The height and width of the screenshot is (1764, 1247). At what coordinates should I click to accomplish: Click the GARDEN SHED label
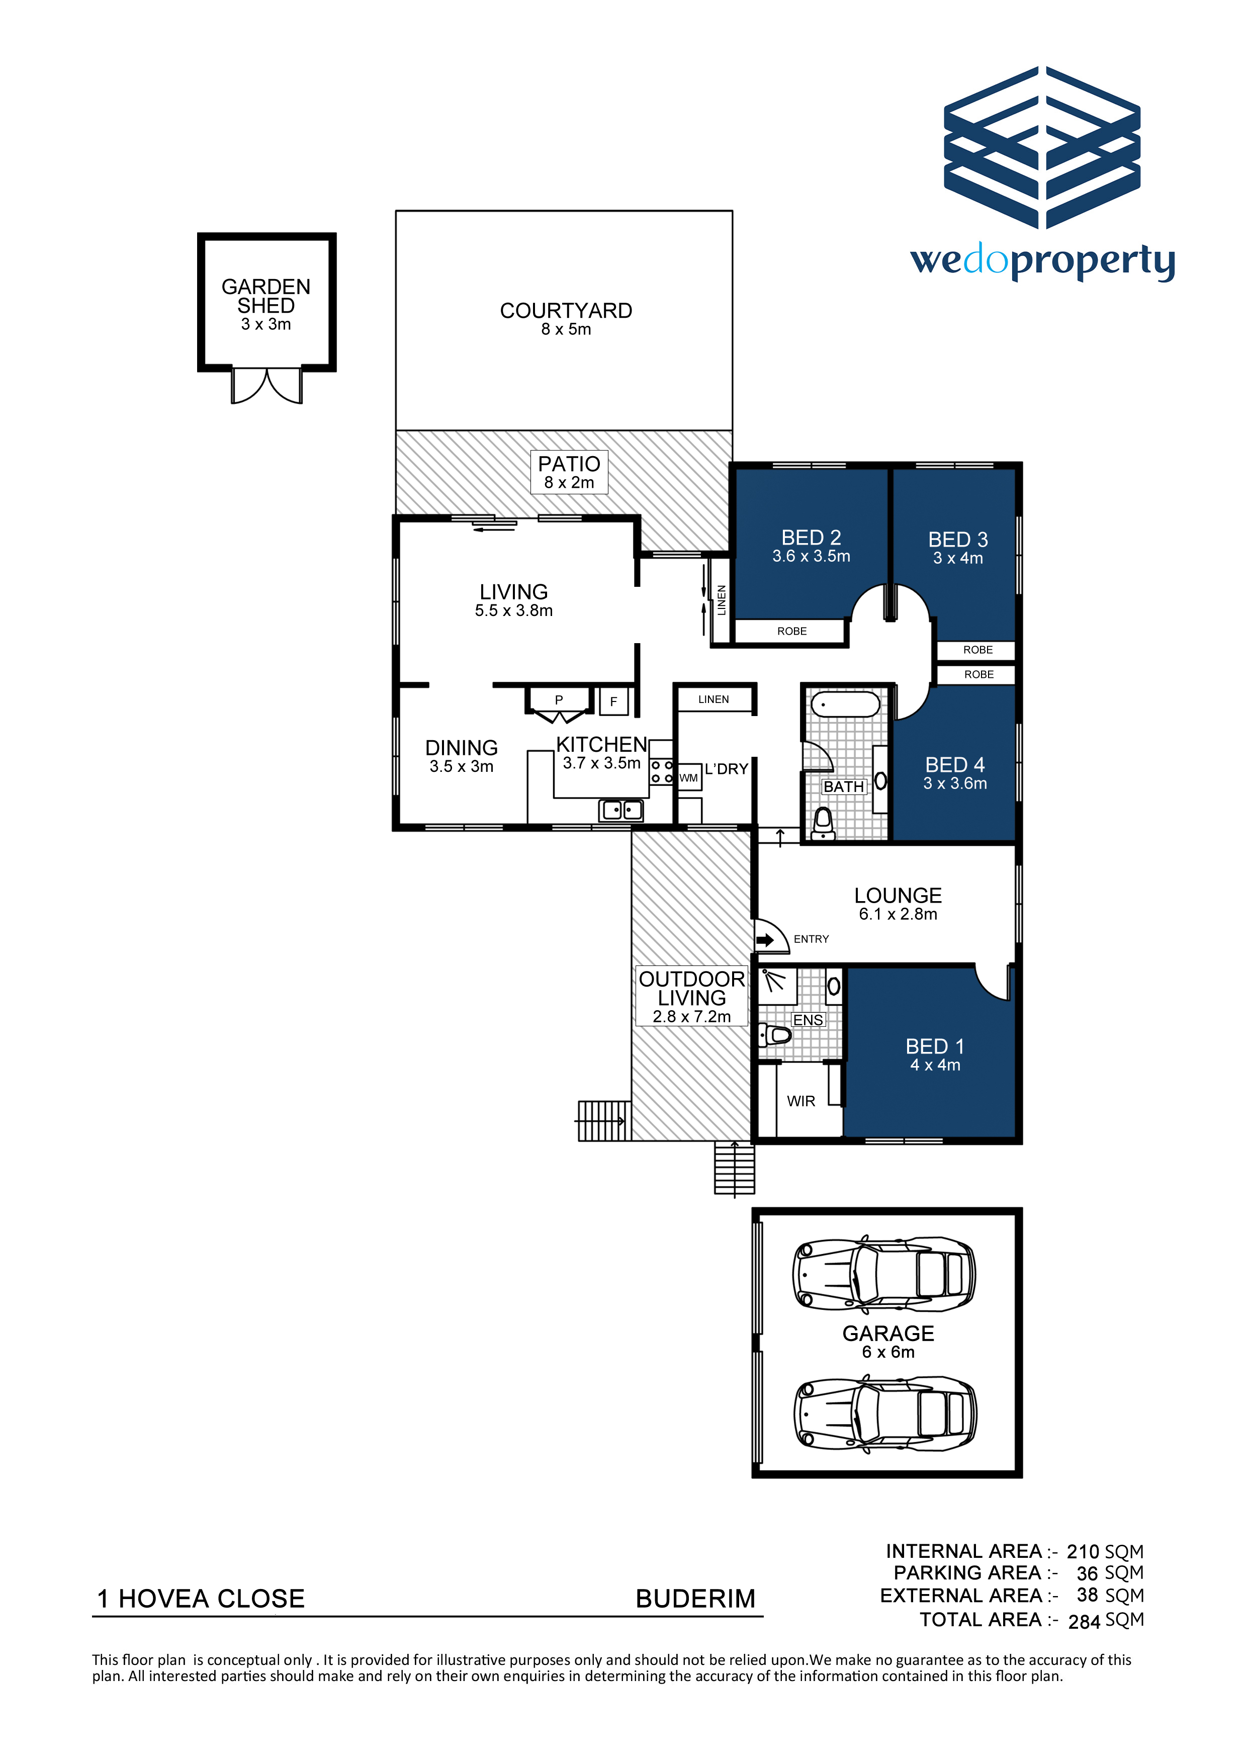click(x=266, y=296)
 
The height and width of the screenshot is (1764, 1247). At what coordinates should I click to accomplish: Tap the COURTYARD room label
click(x=566, y=310)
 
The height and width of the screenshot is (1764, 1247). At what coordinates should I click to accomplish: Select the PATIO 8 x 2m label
click(x=569, y=472)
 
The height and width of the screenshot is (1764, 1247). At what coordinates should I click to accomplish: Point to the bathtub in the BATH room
click(x=845, y=704)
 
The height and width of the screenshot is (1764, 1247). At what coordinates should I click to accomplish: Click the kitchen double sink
click(x=621, y=810)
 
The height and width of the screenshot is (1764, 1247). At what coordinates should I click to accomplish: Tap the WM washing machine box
click(x=689, y=777)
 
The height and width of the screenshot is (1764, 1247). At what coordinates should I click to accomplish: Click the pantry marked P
click(x=559, y=700)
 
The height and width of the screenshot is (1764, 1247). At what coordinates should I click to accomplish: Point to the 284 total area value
click(x=1084, y=1622)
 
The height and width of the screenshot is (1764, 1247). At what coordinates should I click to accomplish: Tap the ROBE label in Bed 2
click(x=791, y=632)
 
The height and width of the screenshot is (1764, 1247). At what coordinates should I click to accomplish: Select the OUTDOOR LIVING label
click(x=691, y=988)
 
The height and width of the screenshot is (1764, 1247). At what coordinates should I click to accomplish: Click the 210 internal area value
click(x=1083, y=1552)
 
